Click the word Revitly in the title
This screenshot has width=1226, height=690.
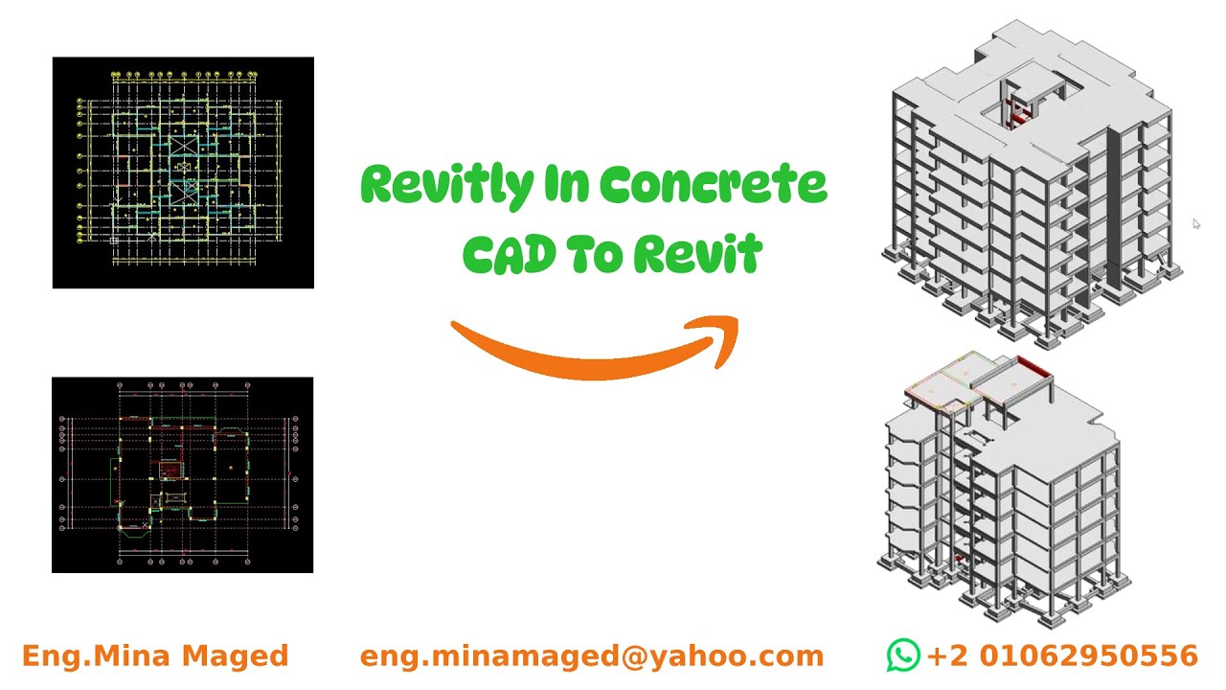click(446, 185)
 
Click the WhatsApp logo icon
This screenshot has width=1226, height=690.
click(902, 655)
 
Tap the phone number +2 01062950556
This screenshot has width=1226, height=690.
click(1062, 655)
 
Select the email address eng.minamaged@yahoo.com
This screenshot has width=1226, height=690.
click(592, 656)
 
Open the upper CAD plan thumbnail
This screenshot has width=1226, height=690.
click(183, 172)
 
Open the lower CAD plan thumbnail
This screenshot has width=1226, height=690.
click(182, 475)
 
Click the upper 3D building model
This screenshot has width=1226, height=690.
click(1030, 182)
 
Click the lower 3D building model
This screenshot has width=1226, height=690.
click(1001, 489)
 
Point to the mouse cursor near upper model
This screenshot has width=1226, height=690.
click(1195, 223)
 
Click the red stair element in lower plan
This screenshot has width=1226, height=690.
click(170, 470)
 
